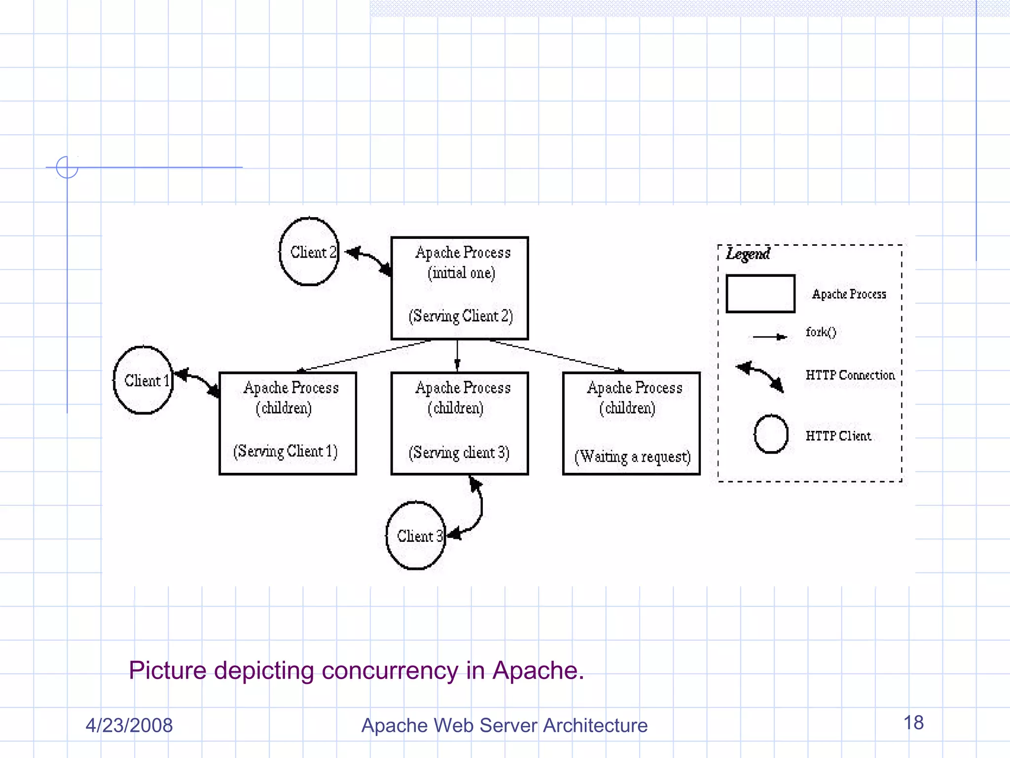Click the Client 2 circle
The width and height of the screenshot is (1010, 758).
coord(309,251)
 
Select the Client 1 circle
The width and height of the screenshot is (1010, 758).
coord(143,380)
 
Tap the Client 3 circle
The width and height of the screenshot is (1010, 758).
coord(416,535)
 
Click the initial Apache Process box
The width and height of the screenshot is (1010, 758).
coord(460,288)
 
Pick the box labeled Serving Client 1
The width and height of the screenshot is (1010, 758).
coord(288,423)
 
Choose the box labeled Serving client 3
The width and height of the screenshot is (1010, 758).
coord(460,423)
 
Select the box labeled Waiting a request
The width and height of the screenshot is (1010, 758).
coord(631,423)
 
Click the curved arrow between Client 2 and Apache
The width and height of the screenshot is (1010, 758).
coord(369,259)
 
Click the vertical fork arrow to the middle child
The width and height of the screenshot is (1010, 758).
coord(457,355)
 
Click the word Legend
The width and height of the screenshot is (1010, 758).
coord(748,254)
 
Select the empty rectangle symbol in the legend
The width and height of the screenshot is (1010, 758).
coord(760,294)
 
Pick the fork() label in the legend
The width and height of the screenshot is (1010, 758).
coord(821,332)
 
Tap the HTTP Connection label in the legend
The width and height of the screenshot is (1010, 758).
coord(850,375)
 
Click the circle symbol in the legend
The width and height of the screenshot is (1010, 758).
coord(771,434)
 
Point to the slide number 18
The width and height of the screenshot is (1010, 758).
coord(913,723)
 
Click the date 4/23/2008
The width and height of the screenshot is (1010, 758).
coord(129,725)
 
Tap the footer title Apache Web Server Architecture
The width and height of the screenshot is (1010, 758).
coord(504,725)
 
